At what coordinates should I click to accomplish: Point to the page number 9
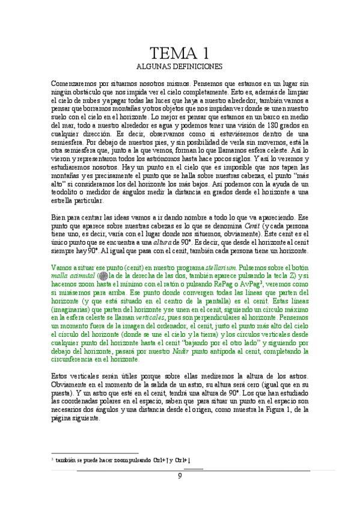coord(180,476)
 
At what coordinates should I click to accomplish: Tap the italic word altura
coord(153,241)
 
